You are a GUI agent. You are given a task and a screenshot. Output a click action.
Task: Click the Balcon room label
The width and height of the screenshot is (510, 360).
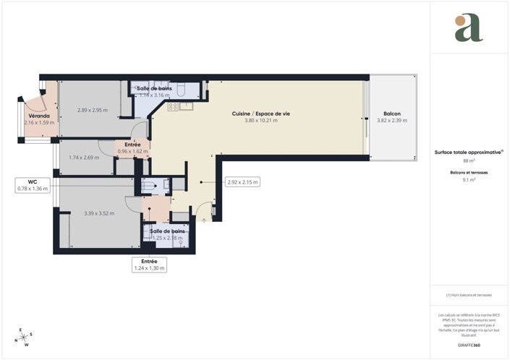[x=393, y=113]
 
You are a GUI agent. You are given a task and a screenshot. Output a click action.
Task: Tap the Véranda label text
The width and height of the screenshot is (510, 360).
[x=39, y=116]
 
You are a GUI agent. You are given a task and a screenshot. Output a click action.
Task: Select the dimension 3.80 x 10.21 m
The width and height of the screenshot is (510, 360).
[x=260, y=121]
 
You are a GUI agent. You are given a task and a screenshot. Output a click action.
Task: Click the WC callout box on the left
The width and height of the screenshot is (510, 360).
[x=33, y=185]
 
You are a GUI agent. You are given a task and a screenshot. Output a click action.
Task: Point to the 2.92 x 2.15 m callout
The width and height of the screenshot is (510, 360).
[x=242, y=182]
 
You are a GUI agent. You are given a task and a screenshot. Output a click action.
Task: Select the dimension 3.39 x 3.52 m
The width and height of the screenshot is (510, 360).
[x=100, y=213]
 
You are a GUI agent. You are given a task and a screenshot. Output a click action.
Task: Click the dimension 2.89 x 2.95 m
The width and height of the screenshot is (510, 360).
[x=93, y=111]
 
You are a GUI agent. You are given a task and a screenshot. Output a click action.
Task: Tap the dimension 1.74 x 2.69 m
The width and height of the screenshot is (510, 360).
[x=84, y=158]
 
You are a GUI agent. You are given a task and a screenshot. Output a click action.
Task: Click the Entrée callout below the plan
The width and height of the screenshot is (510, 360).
[x=150, y=265]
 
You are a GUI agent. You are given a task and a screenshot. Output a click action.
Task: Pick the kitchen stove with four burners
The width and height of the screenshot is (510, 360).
[x=174, y=106]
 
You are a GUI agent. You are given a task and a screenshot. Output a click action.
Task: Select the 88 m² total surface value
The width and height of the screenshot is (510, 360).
[x=469, y=161]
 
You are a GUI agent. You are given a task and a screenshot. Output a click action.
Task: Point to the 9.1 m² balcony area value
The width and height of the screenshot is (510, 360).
[x=469, y=181]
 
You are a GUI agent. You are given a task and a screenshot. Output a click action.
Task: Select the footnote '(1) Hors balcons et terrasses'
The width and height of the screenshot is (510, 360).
[x=469, y=295]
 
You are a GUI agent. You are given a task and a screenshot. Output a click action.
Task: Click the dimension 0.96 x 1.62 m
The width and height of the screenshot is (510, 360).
[x=132, y=152]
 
